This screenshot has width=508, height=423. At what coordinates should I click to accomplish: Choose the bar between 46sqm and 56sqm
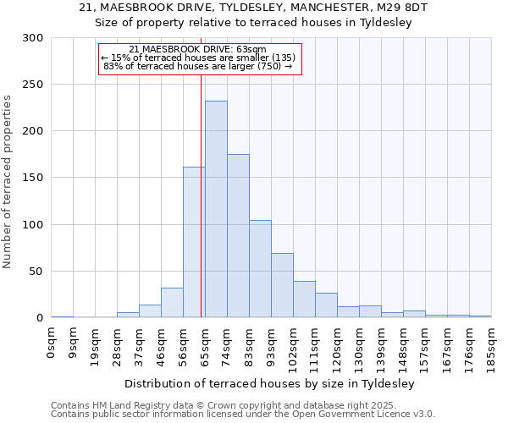[x=172, y=303]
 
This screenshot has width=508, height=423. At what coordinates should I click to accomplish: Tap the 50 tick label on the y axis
[x=36, y=272]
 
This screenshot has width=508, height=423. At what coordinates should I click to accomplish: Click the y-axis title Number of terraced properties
[x=8, y=182]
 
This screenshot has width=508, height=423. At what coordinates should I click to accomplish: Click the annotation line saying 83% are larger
[x=197, y=66]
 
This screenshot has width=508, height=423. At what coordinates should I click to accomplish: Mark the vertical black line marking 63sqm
[x=201, y=195]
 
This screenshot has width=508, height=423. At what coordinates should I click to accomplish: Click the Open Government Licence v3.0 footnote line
[x=243, y=415]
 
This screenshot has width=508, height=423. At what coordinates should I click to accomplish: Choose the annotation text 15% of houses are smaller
[x=197, y=58]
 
